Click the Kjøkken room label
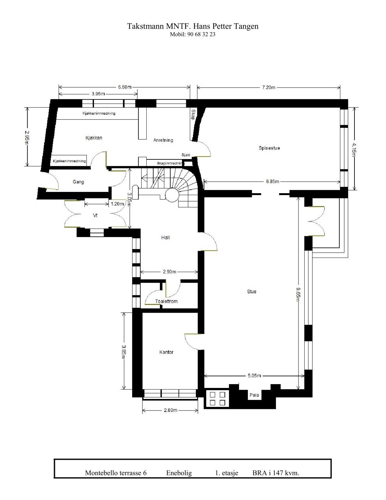click(94, 138)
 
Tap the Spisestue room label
click(269, 148)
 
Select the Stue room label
click(252, 291)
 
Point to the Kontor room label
click(166, 352)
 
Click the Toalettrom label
click(166, 301)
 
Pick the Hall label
click(165, 238)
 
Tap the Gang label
click(78, 182)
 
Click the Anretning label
click(163, 140)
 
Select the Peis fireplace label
click(254, 395)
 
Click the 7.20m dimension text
click(269, 87)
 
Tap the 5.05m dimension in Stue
click(254, 375)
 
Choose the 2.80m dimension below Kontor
click(170, 410)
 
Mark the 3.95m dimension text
click(98, 94)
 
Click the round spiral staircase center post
click(171, 194)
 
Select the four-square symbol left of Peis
click(217, 398)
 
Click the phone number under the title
click(192, 34)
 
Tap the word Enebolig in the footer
click(179, 473)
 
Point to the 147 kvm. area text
click(284, 473)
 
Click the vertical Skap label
click(193, 114)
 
